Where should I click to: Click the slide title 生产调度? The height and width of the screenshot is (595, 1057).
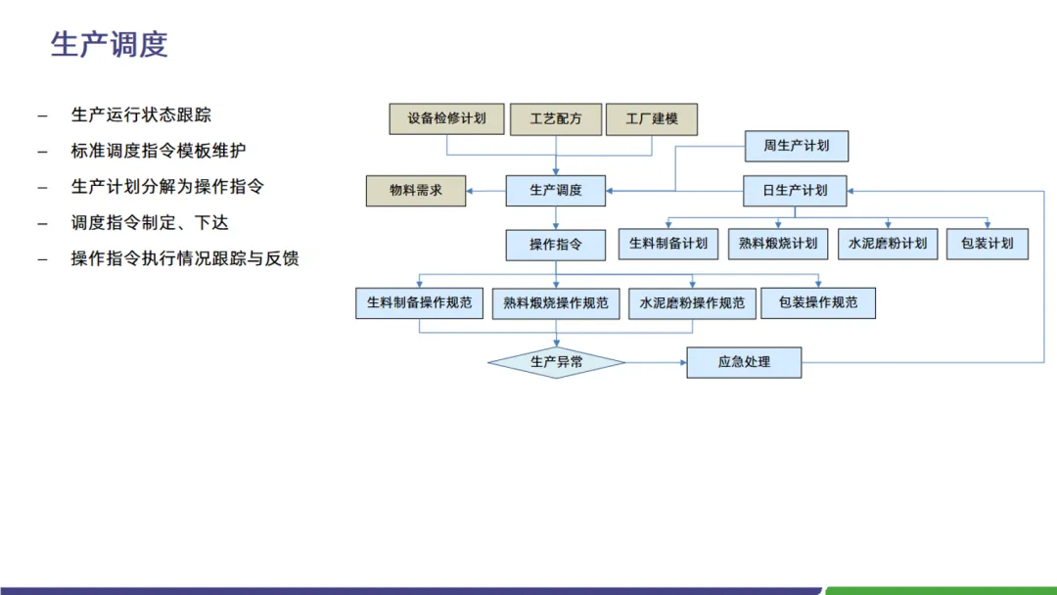point(109,45)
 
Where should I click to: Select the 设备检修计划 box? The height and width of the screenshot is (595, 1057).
point(446,119)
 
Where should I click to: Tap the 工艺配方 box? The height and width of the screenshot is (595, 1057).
point(556,119)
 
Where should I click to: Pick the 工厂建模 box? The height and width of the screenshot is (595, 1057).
point(652,119)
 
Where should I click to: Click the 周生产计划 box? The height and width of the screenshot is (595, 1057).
point(796,146)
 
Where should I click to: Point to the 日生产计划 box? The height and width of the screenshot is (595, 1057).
point(795,191)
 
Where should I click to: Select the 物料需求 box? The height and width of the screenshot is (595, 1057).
point(416,191)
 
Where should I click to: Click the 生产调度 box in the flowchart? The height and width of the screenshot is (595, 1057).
point(556,191)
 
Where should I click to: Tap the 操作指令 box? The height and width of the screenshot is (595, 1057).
point(556,245)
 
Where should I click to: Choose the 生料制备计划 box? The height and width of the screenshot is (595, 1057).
point(668,244)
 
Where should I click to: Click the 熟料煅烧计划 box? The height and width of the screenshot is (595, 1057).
point(778,244)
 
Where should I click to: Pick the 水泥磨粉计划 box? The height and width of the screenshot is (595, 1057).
point(888,244)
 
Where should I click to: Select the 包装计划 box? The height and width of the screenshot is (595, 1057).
point(987,244)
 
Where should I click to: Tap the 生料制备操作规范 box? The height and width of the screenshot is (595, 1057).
point(419,303)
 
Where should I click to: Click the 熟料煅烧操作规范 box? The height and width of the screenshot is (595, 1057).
point(556,303)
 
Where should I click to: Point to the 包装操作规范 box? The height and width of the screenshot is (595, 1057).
point(818,303)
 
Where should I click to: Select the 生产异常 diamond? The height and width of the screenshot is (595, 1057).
point(556,363)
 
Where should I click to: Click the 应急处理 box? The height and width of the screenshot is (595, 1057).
point(744,362)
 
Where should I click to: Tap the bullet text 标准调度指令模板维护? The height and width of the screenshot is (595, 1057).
point(159,151)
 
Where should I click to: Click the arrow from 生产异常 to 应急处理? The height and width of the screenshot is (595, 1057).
point(656,363)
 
